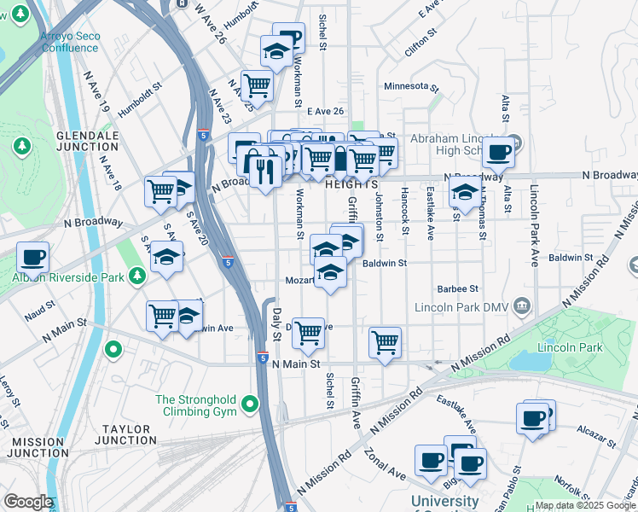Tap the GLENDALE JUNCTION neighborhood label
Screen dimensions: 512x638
(88, 141)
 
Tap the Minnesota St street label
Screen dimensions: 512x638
(411, 87)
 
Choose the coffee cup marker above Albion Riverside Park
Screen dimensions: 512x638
(32, 256)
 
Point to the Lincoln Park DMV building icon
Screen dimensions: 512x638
(522, 306)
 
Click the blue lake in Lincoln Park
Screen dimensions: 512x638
(532, 362)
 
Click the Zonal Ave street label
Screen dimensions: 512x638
(386, 468)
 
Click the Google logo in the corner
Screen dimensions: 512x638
(27, 502)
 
